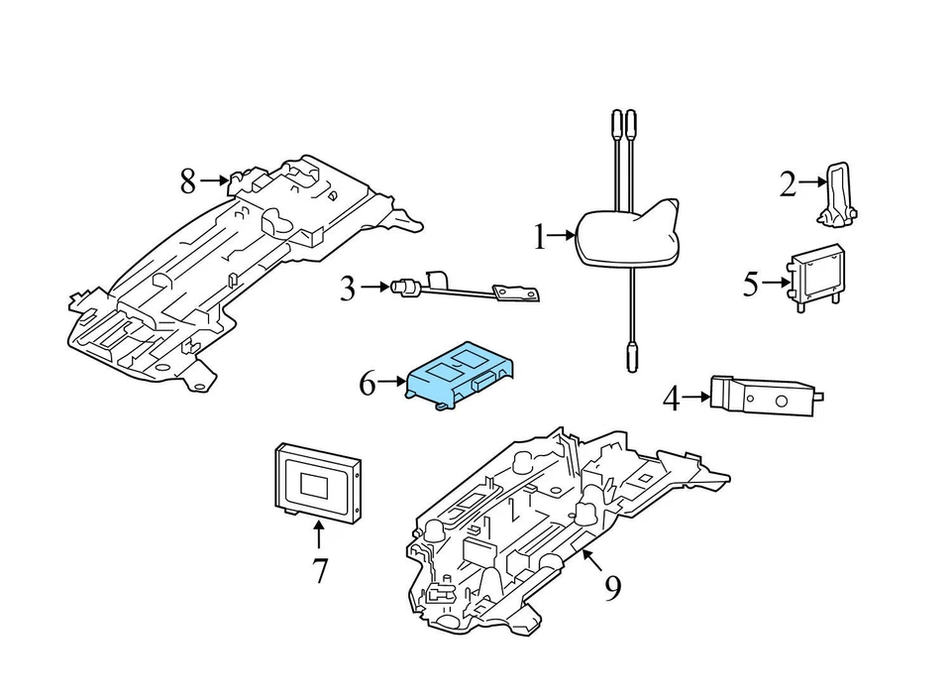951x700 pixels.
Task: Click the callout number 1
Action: pos(540,237)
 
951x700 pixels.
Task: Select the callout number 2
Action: pos(788,183)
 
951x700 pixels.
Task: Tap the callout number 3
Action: pos(347,289)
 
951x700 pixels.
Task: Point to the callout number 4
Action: pos(672,399)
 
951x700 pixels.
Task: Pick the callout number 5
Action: pos(751,285)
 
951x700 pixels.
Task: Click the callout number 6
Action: pos(368,382)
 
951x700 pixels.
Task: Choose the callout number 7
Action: pos(319,571)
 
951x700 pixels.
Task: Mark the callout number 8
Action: pos(188,180)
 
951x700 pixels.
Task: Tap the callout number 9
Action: pos(613,589)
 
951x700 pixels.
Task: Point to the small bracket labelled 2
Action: pos(838,192)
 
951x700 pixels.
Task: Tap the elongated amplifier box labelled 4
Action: pos(763,397)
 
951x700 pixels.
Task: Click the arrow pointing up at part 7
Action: pos(319,536)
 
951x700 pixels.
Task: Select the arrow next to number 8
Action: pos(215,180)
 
